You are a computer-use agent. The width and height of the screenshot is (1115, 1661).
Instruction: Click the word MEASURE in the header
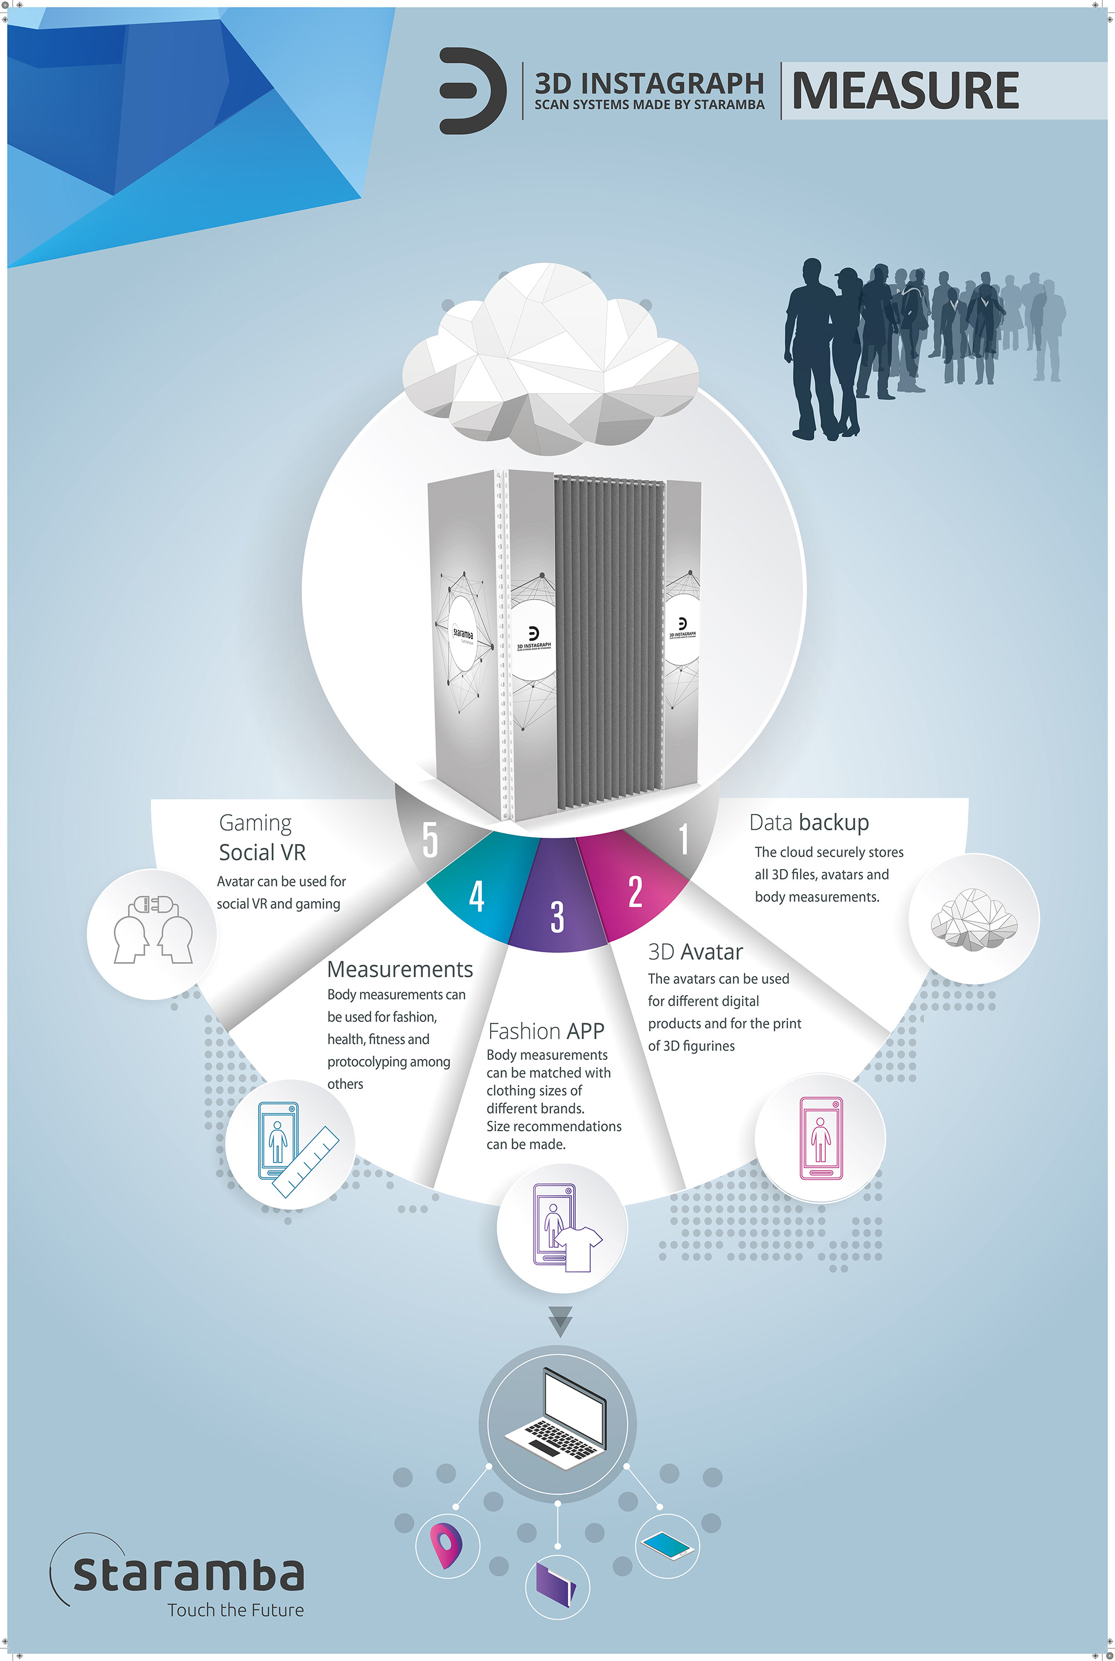pos(905,91)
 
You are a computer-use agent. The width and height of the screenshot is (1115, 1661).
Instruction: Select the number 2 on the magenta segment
pos(635,891)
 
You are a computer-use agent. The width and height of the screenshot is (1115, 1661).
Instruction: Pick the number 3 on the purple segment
pos(557,916)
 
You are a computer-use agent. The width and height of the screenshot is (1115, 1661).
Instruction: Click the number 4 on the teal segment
pos(476,896)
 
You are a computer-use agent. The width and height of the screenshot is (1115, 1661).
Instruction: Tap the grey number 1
pos(684,840)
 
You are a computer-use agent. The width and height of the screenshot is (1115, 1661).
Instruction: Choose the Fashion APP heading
pos(545,1031)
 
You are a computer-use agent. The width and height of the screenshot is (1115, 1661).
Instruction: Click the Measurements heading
pos(400,969)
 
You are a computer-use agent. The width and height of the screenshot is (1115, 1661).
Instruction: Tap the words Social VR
pos(262,852)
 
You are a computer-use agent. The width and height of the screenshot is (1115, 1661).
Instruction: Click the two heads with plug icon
pos(152,931)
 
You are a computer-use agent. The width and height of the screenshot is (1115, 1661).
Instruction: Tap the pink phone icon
pos(821,1138)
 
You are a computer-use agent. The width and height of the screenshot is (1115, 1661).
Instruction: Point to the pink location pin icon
pos(446,1545)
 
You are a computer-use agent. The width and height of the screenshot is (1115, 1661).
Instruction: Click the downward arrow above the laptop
pos(560,1322)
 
